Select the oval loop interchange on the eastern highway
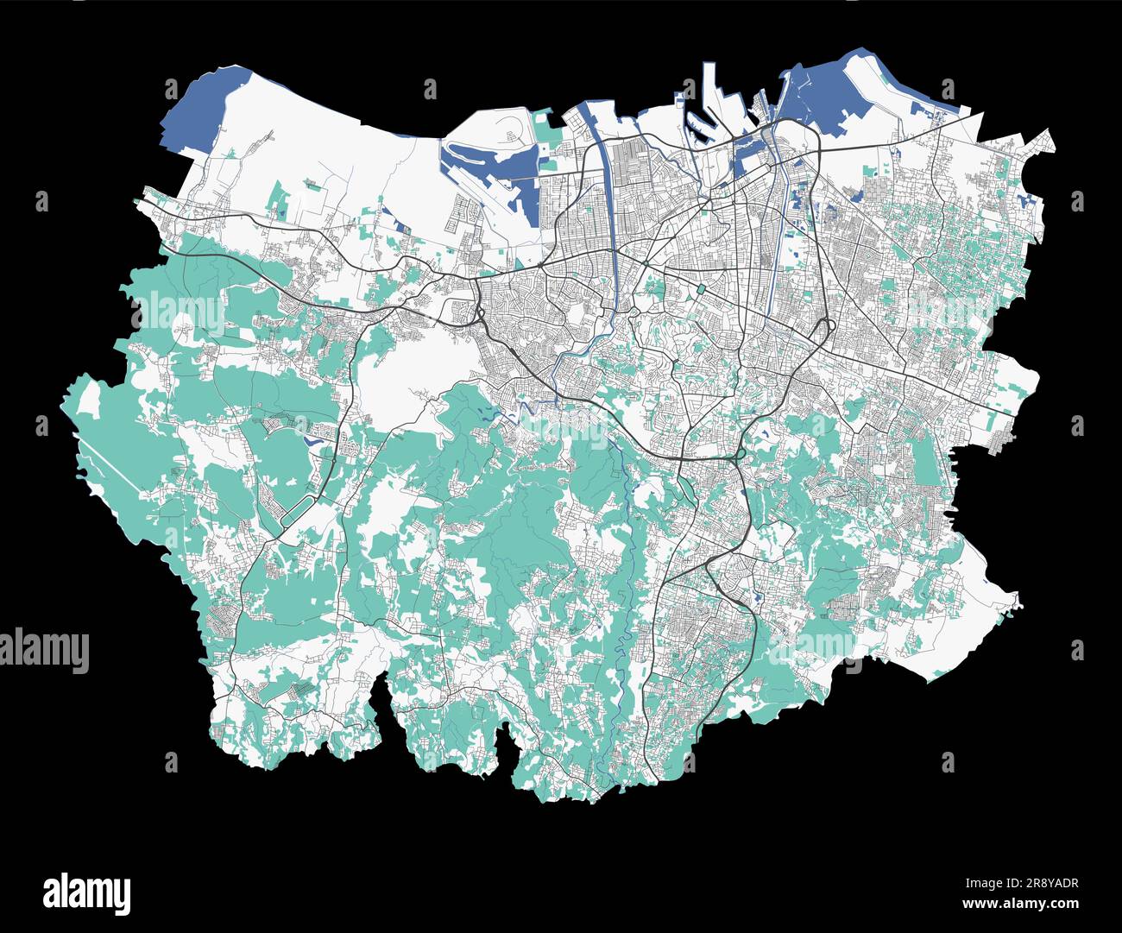pos(824,329)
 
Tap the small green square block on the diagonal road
pos(701,288)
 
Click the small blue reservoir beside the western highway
pos(312,439)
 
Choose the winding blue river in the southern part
pos(623,604)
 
